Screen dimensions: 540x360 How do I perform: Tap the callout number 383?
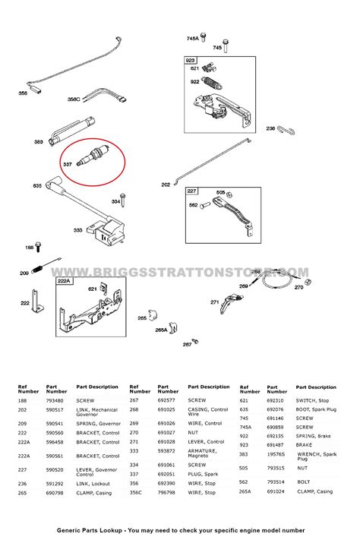(x=39, y=142)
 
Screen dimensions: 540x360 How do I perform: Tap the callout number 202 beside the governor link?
(x=166, y=184)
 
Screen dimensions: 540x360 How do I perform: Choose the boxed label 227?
(x=192, y=191)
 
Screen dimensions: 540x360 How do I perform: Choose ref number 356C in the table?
(x=135, y=491)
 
